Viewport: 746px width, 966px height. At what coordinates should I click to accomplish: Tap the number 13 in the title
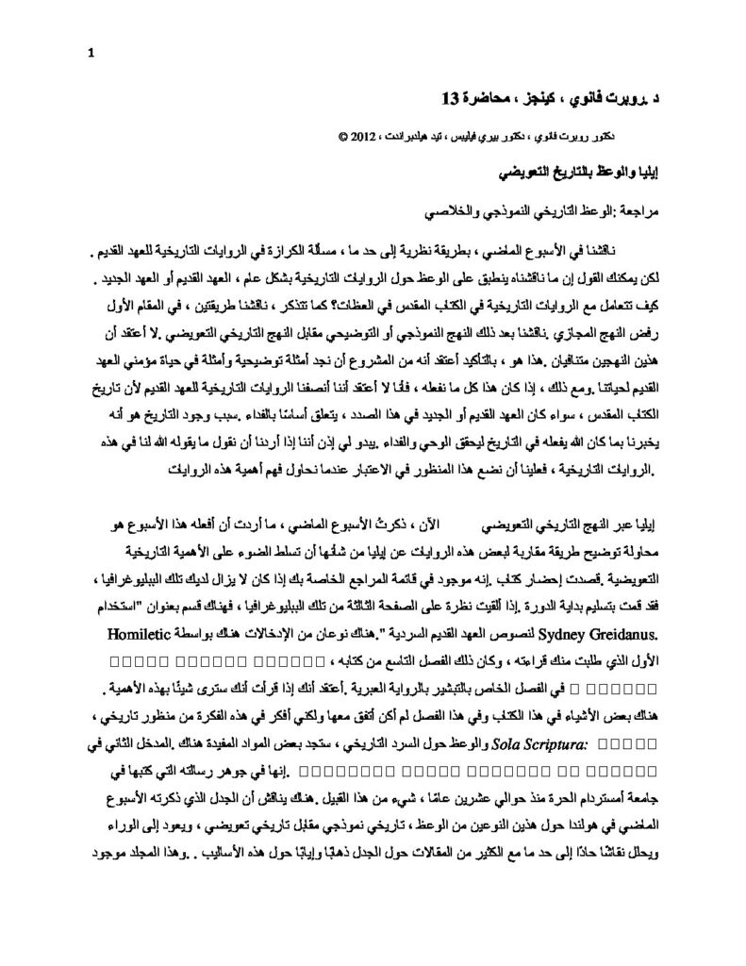pyautogui.click(x=454, y=97)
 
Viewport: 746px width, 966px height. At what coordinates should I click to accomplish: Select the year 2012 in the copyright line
pyautogui.click(x=358, y=136)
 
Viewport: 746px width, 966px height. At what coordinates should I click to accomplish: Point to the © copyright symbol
pyautogui.click(x=340, y=136)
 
